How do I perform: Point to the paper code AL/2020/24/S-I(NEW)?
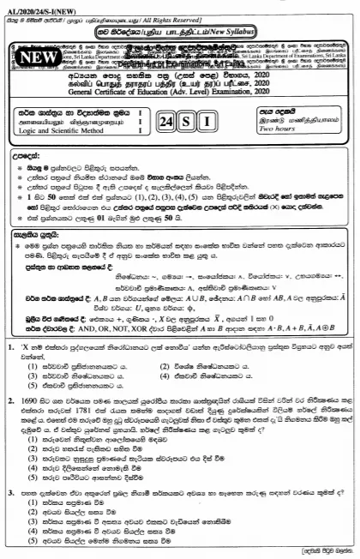pos(39,5)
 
